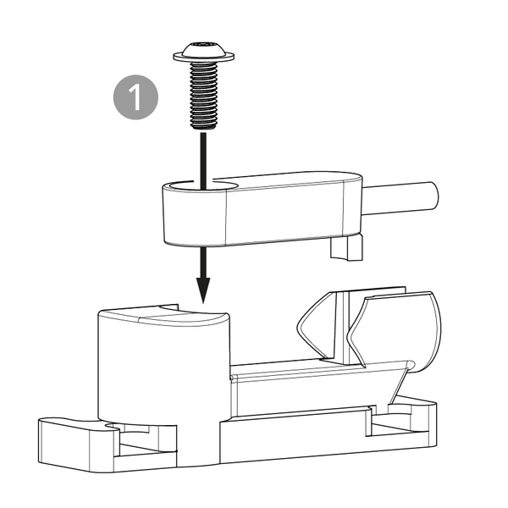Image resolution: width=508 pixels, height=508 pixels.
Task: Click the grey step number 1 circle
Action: pyautogui.click(x=135, y=97)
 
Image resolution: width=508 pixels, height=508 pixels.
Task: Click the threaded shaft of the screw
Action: pyautogui.click(x=203, y=96)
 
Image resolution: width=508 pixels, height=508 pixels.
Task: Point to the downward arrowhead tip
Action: pyautogui.click(x=203, y=303)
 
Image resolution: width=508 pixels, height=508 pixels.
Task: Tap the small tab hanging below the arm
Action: pyautogui.click(x=346, y=248)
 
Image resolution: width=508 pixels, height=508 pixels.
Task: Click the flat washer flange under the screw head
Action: pyautogui.click(x=203, y=58)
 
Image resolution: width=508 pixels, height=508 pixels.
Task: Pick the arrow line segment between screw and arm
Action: pyautogui.click(x=203, y=160)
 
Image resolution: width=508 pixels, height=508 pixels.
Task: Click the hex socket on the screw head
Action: pyautogui.click(x=203, y=44)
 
